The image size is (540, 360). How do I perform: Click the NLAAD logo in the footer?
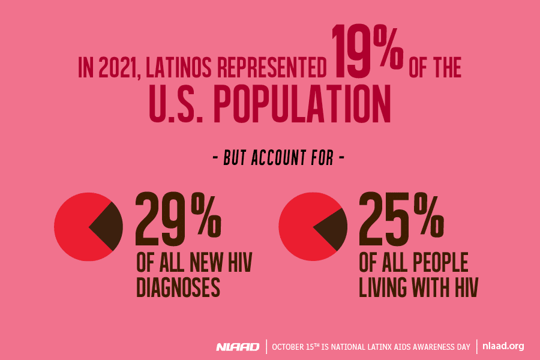point(238,347)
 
